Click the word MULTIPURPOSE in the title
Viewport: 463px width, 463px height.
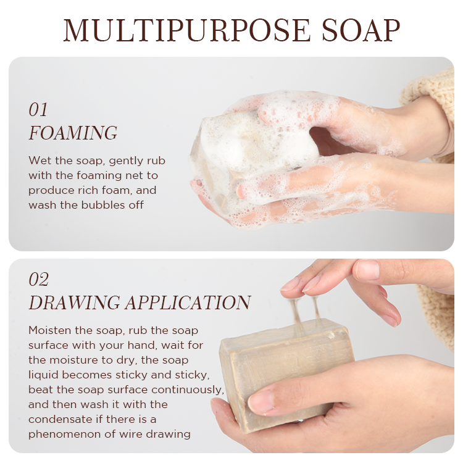pyautogui.click(x=186, y=30)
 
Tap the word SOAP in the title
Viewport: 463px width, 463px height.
pyautogui.click(x=361, y=30)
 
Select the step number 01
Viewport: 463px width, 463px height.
pyautogui.click(x=38, y=110)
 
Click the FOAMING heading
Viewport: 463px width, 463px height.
pyautogui.click(x=73, y=133)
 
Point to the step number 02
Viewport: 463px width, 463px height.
pyautogui.click(x=39, y=279)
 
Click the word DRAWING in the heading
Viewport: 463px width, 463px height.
pyautogui.click(x=74, y=302)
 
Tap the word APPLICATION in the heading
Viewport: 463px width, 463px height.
pyautogui.click(x=188, y=302)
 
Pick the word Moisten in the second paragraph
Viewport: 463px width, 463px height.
pyautogui.click(x=49, y=330)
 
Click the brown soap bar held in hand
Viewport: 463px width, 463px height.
pyautogui.click(x=285, y=373)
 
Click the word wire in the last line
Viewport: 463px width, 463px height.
pyautogui.click(x=131, y=434)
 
